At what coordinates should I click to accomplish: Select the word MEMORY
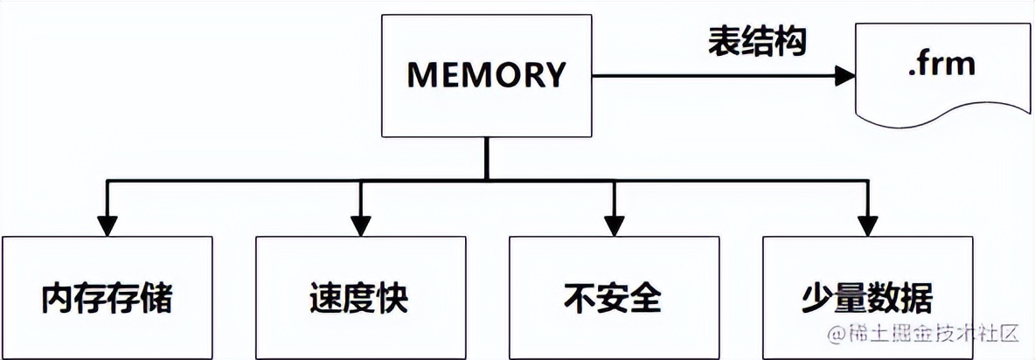click(x=487, y=76)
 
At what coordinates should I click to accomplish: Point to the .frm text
click(x=941, y=65)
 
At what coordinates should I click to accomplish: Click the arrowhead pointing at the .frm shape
click(x=844, y=76)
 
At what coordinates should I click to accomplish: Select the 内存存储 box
click(x=107, y=297)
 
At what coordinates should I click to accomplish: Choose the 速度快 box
click(x=360, y=297)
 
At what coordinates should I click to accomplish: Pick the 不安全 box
click(x=614, y=297)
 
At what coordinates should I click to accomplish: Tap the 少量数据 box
click(x=867, y=297)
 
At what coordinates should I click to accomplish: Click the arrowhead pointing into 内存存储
click(x=107, y=225)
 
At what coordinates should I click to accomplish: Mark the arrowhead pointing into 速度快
click(x=360, y=225)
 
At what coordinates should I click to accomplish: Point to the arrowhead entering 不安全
click(x=614, y=225)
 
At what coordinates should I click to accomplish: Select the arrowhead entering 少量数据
click(x=867, y=225)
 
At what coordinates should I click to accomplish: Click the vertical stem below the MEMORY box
click(x=487, y=158)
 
